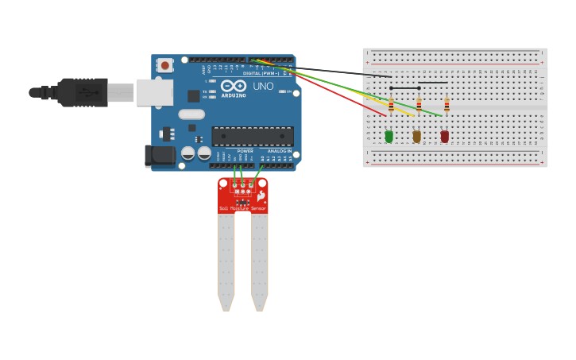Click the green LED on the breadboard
[389, 137]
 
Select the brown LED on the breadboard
[416, 137]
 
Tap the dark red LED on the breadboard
[445, 137]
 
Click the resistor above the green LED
[391, 104]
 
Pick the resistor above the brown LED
[419, 104]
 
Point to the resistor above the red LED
[446, 104]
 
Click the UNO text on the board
[263, 86]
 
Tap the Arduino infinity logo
[233, 86]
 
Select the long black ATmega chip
[252, 136]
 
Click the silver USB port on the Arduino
[155, 92]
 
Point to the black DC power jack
[160, 155]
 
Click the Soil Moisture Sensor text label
[242, 208]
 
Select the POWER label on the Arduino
[245, 150]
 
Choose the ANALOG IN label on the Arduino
[279, 150]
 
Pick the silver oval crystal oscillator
[191, 114]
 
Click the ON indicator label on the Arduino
[283, 91]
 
